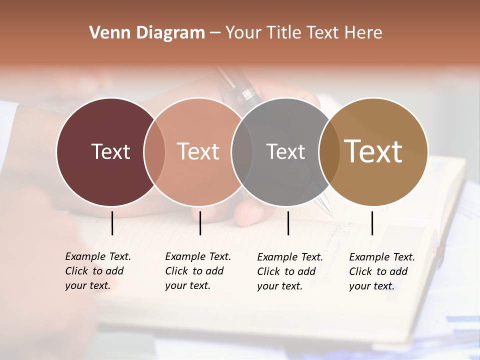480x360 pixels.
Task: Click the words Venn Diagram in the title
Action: (147, 32)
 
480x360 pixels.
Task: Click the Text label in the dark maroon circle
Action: (110, 151)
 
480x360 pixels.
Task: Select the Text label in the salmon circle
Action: (198, 151)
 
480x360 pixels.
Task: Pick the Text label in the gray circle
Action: (285, 151)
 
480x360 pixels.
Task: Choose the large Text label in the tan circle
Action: (373, 151)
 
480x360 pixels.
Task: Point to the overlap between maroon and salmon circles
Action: (154, 151)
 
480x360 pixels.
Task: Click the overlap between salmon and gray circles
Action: (242, 151)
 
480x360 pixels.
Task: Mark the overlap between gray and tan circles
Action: (329, 151)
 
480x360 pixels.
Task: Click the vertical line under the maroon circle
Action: (112, 223)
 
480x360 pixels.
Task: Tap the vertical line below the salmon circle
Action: (200, 223)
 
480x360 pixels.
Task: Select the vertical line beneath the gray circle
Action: (288, 223)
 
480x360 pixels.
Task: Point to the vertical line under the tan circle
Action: (372, 223)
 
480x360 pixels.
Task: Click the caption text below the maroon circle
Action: (97, 271)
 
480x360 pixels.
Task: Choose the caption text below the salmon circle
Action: (197, 271)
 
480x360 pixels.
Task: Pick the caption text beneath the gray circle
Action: (289, 271)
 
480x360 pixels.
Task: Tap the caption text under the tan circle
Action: (381, 271)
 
